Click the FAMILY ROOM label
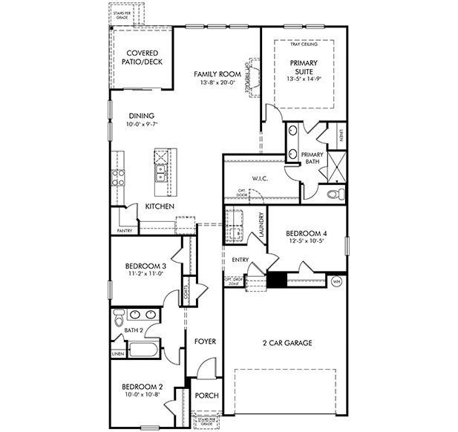pyautogui.click(x=216, y=74)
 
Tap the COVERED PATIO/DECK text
pyautogui.click(x=143, y=57)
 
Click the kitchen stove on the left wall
pyautogui.click(x=117, y=177)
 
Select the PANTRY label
pyautogui.click(x=124, y=231)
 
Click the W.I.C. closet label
pyautogui.click(x=259, y=178)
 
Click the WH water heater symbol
pyautogui.click(x=336, y=282)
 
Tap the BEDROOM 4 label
pyautogui.click(x=307, y=233)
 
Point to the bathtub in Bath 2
pyautogui.click(x=144, y=350)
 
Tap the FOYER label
pyautogui.click(x=205, y=341)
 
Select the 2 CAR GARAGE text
pyautogui.click(x=286, y=343)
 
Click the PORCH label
pyautogui.click(x=206, y=396)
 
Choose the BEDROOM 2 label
pyautogui.click(x=143, y=387)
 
